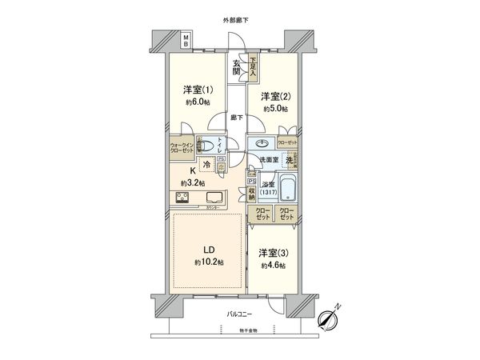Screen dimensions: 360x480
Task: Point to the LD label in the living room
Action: [208, 248]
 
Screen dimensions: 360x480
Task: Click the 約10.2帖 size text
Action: [208, 262]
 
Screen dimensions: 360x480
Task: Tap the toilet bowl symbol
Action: [208, 146]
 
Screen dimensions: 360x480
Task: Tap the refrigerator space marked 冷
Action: [206, 166]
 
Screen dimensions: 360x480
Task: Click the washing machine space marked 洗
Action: [290, 160]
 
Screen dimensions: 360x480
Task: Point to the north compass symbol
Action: [330, 317]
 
